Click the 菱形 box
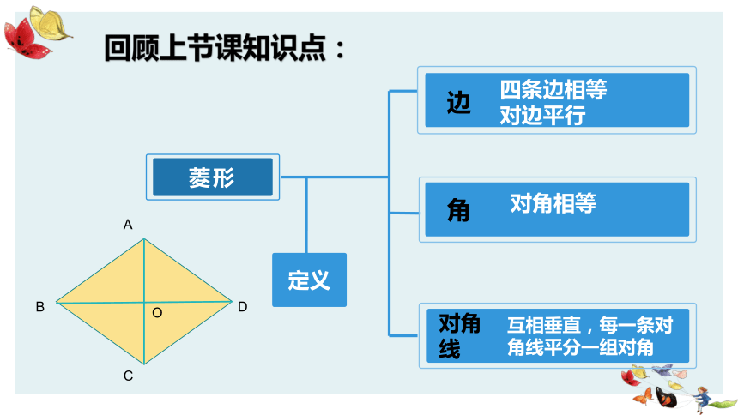tap(213, 177)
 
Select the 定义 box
tap(309, 280)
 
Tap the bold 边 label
tap(458, 103)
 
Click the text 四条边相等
tap(553, 89)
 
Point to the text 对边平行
tap(542, 115)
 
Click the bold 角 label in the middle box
tap(458, 210)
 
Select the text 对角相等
tap(553, 203)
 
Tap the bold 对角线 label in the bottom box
tap(459, 336)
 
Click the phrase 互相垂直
tap(544, 325)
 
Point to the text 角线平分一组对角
tap(580, 348)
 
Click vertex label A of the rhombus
tap(128, 225)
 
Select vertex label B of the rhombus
tap(40, 307)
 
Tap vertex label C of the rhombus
tap(128, 376)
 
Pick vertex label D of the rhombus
tap(242, 307)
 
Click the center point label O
tap(157, 313)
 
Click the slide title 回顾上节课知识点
tap(215, 48)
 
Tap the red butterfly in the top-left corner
tap(26, 39)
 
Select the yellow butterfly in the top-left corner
tap(50, 23)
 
